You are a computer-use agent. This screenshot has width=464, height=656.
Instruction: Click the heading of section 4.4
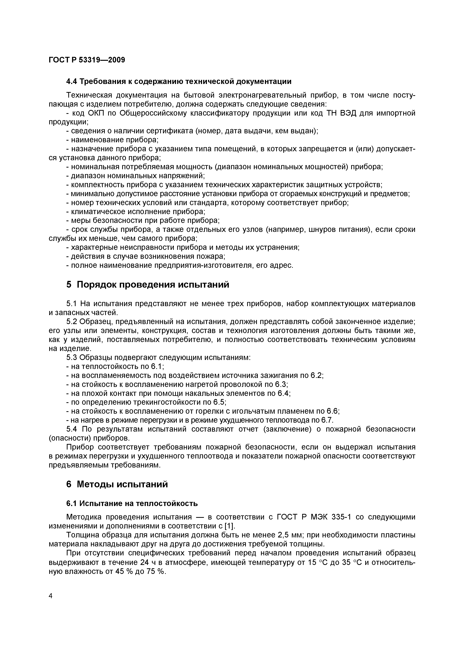click(179, 82)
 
